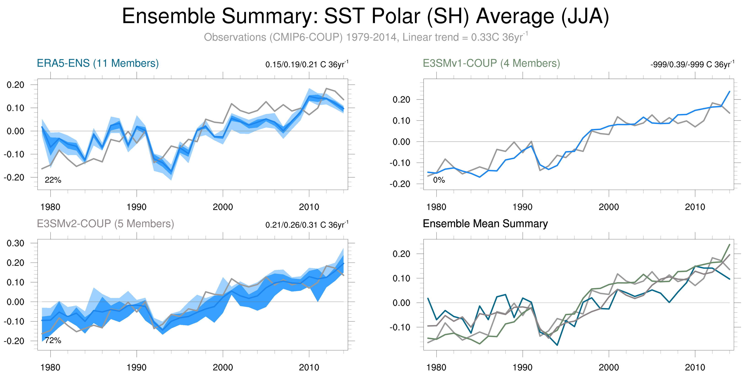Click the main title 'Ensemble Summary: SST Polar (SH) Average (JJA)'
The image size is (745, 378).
[x=365, y=16]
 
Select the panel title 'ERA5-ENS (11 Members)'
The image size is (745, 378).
[x=98, y=63]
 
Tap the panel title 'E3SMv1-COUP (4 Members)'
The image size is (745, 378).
[x=491, y=63]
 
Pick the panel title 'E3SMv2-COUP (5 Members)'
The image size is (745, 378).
[x=105, y=224]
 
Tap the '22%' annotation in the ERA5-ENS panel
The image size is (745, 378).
[x=53, y=180]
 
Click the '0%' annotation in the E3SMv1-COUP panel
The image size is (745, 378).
[x=439, y=180]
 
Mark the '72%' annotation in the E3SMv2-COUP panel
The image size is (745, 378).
[x=53, y=340]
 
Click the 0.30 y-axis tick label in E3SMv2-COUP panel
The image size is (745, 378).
[x=16, y=243]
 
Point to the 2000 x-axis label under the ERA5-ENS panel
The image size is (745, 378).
[x=223, y=207]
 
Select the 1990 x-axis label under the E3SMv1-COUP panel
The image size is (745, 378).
[x=522, y=207]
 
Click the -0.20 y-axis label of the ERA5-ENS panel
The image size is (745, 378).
[x=14, y=177]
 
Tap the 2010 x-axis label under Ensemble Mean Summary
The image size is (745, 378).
[x=695, y=367]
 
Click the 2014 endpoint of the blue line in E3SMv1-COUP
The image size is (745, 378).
[x=729, y=92]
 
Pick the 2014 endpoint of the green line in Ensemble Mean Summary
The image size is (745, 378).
[x=729, y=245]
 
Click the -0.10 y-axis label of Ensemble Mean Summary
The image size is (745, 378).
[x=400, y=327]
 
